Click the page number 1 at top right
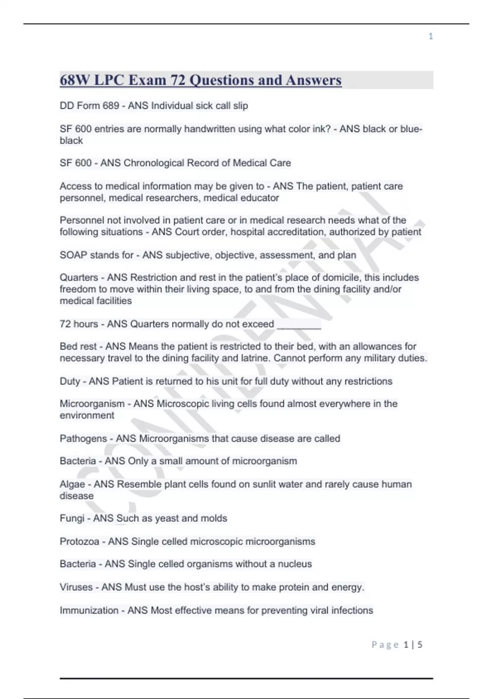431,36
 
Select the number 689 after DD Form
111,106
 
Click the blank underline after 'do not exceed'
299,325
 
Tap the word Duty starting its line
69,381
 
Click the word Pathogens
83,438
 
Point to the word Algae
72,484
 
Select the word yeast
149,518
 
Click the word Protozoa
79,542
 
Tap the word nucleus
295,564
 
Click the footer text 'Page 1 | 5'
397,644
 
